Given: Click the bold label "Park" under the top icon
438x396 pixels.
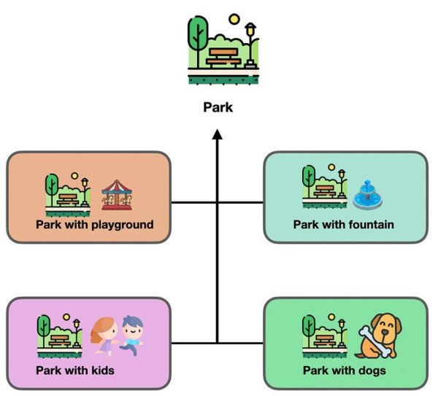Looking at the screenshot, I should (x=218, y=107).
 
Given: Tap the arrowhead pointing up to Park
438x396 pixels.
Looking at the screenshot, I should (x=217, y=136).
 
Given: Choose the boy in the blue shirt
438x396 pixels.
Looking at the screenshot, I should (x=131, y=335).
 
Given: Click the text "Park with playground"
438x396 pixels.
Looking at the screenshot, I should (x=95, y=225).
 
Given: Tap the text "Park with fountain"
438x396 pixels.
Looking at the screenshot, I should (x=343, y=225).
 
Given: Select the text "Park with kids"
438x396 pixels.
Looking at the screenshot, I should (x=75, y=370).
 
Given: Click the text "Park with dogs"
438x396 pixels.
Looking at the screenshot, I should (x=345, y=370).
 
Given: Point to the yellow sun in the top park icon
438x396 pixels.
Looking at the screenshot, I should (x=234, y=20).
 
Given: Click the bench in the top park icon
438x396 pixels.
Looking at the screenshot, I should (x=223, y=57).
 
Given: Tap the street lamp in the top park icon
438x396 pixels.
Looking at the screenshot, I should (x=250, y=44).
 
